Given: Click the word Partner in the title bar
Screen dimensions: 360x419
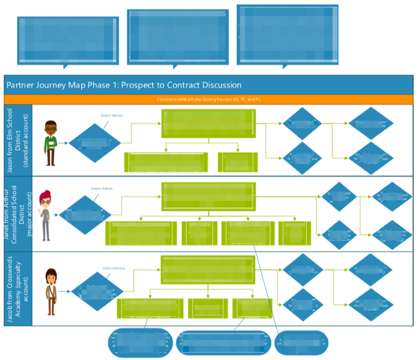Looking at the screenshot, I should click(x=20, y=85).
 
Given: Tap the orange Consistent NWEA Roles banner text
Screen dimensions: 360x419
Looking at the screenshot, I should click(x=209, y=99).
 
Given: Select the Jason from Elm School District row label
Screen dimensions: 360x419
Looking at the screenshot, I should click(x=18, y=140).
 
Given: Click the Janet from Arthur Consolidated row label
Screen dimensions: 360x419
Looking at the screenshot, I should click(x=18, y=213).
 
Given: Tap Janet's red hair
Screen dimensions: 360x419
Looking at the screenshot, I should click(x=45, y=198).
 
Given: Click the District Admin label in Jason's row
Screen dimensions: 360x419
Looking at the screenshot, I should click(x=111, y=115).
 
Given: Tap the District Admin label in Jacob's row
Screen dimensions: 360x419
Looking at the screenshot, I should click(x=114, y=268).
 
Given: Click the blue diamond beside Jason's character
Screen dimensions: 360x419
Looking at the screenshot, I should click(x=95, y=142).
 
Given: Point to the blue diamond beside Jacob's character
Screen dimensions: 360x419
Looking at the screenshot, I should click(x=96, y=291).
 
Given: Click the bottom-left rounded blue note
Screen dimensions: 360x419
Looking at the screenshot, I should click(x=140, y=342).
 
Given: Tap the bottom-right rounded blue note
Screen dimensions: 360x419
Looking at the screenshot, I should click(x=300, y=342).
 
